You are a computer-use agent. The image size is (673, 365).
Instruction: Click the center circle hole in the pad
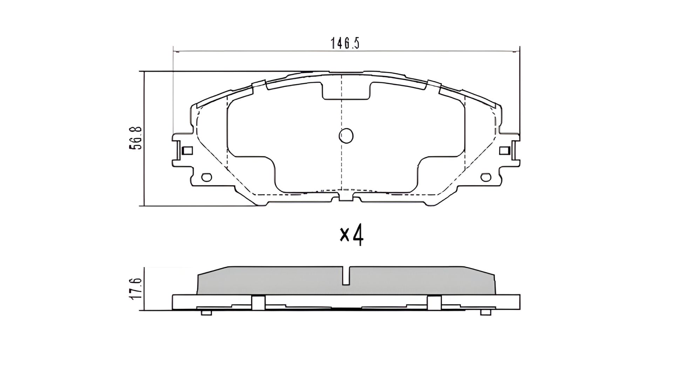coord(346,136)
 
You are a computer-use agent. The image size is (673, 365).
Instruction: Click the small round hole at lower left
coord(207,177)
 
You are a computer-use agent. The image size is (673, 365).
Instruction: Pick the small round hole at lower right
coord(486,177)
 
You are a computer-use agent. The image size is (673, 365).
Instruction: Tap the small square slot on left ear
coord(188,151)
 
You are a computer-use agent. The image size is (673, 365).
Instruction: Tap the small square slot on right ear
coord(504,151)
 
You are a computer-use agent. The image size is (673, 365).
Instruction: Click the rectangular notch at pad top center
coord(346,92)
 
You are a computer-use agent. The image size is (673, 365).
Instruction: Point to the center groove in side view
coord(346,276)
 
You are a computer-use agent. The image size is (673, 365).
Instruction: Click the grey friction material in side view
coord(280,281)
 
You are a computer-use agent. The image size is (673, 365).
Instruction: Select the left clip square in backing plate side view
coord(259,303)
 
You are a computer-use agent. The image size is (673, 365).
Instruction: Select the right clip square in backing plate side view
coord(434,303)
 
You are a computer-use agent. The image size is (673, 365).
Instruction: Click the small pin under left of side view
coord(207,313)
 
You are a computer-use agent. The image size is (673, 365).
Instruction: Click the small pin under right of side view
coord(485,313)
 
